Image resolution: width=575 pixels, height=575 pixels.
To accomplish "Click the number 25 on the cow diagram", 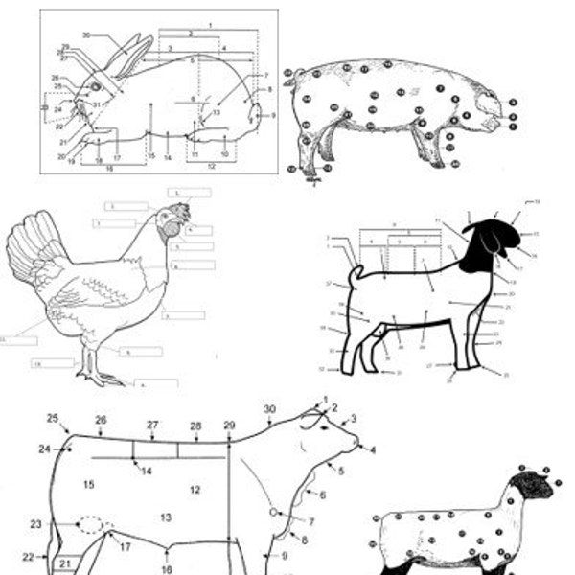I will point(53,418).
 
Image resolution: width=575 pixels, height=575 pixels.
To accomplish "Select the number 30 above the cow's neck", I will point(269,409).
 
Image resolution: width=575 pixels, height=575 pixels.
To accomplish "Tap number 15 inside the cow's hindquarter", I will point(88,485).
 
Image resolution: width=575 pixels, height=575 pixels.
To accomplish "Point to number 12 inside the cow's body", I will point(195,490).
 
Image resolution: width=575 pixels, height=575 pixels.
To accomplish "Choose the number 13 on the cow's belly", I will point(166,517).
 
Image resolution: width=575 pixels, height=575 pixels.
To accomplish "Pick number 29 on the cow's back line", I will point(229,425).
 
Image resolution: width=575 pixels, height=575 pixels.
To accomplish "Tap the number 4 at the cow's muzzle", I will point(373,449).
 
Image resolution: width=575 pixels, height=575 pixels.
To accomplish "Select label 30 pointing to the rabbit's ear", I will point(86,34).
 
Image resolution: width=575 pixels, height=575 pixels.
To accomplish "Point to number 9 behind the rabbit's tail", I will point(273,115).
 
